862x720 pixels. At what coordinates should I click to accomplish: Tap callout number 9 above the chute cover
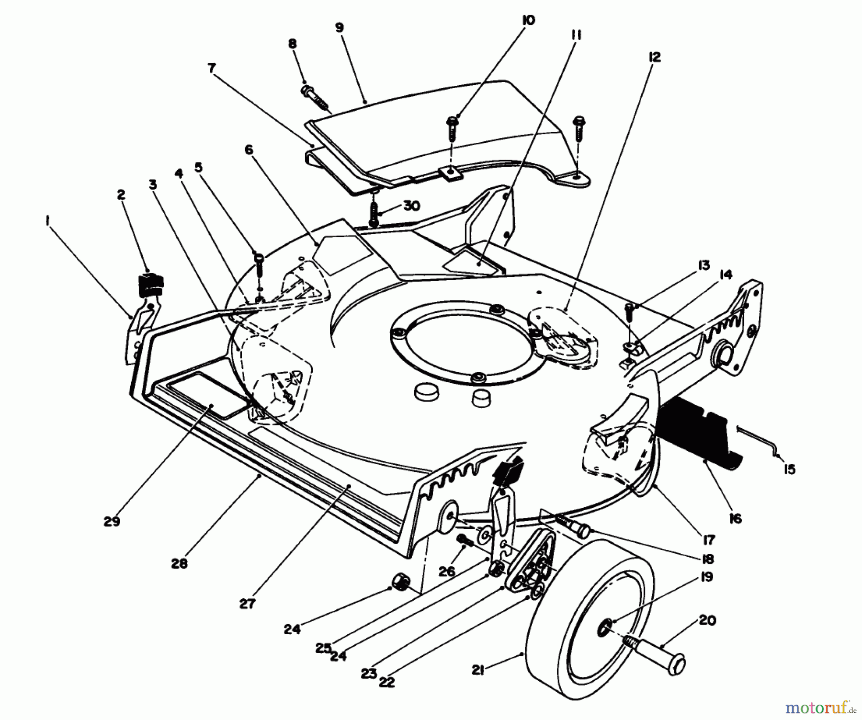pos(340,27)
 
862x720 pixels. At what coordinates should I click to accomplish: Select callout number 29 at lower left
pos(112,522)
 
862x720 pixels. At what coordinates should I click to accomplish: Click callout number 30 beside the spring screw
pos(411,206)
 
